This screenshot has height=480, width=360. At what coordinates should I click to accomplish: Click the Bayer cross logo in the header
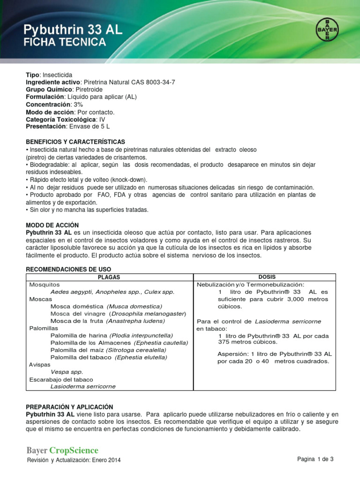pos(327,30)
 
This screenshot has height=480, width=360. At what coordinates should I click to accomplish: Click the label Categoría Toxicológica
pos(61,120)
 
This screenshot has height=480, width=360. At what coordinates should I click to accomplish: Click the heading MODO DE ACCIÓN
pos(52,225)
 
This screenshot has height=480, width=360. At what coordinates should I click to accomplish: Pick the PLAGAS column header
pos(109,277)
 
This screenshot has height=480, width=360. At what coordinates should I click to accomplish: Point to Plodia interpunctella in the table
pos(141,336)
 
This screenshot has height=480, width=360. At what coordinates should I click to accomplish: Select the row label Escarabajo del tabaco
pos(61,379)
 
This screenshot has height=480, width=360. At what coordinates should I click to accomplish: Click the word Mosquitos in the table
pos(45,285)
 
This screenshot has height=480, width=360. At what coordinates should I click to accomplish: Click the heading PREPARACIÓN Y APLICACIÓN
pos(69,407)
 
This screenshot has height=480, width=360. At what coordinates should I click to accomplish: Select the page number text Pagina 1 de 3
pos(315,459)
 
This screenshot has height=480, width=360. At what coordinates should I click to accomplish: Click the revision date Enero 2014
pos(108,460)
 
